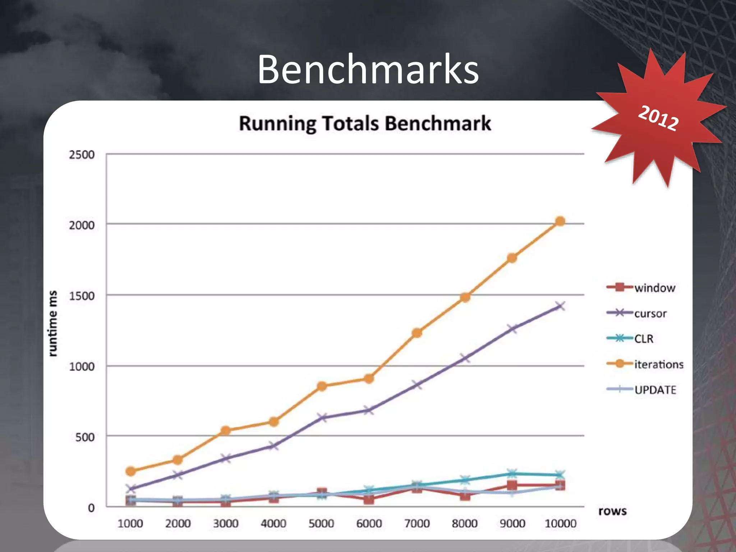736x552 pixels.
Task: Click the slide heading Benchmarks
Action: point(368,69)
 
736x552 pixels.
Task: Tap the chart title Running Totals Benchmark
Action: point(365,123)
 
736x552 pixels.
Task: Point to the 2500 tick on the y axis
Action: point(82,155)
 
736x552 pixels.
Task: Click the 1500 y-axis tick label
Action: point(82,296)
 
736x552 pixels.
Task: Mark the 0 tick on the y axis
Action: point(91,508)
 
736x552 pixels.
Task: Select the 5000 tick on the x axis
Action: point(321,524)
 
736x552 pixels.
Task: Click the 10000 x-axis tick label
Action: point(561,524)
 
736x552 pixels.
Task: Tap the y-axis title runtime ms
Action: point(53,323)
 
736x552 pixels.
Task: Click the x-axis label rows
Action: point(612,511)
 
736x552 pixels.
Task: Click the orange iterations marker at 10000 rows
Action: point(560,221)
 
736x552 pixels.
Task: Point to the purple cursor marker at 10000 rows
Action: point(560,306)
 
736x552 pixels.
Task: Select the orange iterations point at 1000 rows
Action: point(131,471)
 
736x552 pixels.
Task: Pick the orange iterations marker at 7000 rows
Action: point(417,333)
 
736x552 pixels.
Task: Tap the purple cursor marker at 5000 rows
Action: point(322,418)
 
